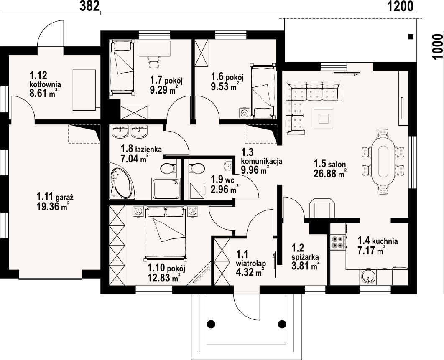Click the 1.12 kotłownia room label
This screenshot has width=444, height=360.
(x=45, y=80)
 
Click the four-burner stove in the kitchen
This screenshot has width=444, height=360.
(x=337, y=242)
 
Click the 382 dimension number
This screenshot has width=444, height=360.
(x=89, y=6)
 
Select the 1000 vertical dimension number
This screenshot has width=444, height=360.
(x=437, y=46)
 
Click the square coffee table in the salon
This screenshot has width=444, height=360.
(x=324, y=119)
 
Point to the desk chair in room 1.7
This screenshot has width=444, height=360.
(x=154, y=61)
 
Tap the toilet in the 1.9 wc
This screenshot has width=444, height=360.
(x=196, y=169)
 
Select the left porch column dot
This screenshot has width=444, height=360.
(x=211, y=324)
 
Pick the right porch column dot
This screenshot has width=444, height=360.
(x=282, y=324)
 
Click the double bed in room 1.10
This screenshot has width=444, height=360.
(x=166, y=233)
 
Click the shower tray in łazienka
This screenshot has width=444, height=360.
(x=166, y=189)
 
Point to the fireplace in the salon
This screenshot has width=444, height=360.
(x=322, y=209)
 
